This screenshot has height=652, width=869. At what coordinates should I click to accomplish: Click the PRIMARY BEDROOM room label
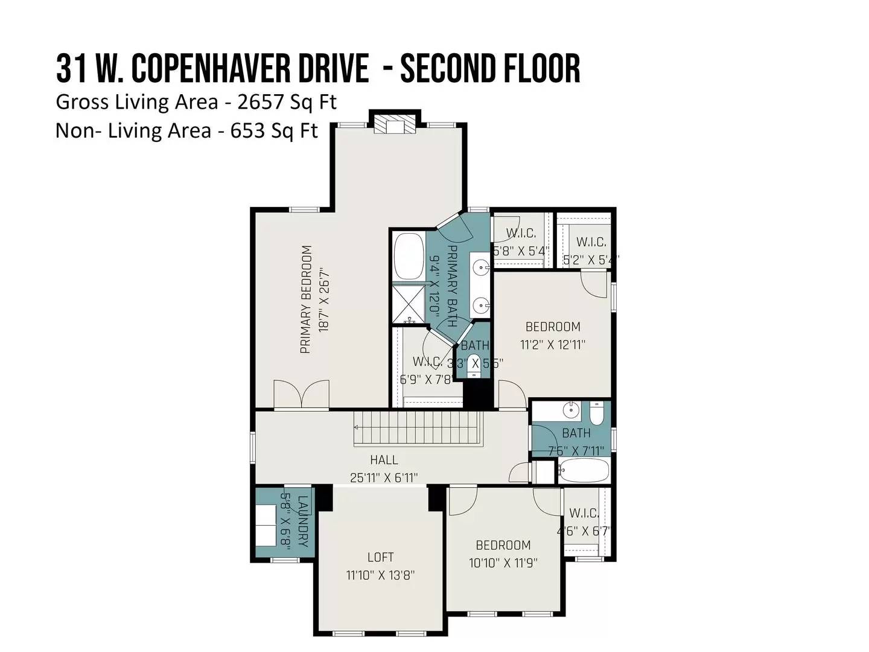306,299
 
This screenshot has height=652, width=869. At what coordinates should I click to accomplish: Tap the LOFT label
380,557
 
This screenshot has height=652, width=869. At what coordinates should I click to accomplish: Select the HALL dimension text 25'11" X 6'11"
384,478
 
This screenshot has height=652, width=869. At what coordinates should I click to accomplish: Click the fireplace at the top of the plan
395,125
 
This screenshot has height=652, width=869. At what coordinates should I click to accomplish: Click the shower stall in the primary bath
409,304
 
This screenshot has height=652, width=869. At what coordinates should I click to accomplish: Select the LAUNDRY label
302,522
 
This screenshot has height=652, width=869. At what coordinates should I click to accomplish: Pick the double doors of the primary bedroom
301,394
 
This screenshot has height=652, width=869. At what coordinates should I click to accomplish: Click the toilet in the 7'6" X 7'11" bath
596,413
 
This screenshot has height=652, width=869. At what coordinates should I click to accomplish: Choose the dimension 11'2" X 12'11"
553,345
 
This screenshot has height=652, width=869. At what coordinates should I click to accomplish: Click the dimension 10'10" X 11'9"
503,563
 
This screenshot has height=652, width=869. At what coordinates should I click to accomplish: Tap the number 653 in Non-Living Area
248,130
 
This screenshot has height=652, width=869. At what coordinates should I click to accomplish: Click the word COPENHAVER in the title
249,68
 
